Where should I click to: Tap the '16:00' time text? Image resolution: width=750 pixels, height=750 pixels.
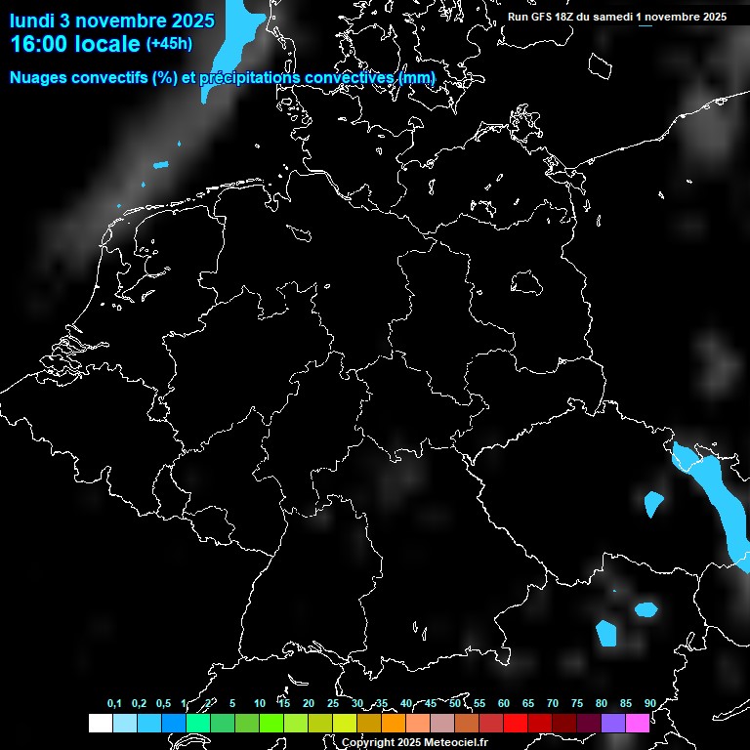pyautogui.click(x=39, y=44)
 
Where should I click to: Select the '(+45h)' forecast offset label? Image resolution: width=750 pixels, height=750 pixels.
pyautogui.click(x=169, y=43)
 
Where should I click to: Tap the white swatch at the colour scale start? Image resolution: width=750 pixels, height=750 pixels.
pyautogui.click(x=100, y=724)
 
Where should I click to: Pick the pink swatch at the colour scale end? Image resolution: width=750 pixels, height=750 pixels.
pyautogui.click(x=637, y=724)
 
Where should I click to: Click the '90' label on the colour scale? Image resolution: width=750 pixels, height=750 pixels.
pyautogui.click(x=649, y=703)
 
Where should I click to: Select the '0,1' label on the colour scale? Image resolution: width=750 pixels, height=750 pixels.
pyautogui.click(x=114, y=703)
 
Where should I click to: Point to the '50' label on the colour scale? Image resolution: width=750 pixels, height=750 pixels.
pyautogui.click(x=455, y=703)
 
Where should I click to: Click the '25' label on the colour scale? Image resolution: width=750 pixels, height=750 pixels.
pyautogui.click(x=333, y=703)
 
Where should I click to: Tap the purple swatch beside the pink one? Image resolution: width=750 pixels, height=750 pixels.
pyautogui.click(x=612, y=724)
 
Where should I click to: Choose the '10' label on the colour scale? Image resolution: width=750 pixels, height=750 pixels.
pyautogui.click(x=259, y=703)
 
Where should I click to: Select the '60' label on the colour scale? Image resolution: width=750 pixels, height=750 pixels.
pyautogui.click(x=504, y=703)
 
